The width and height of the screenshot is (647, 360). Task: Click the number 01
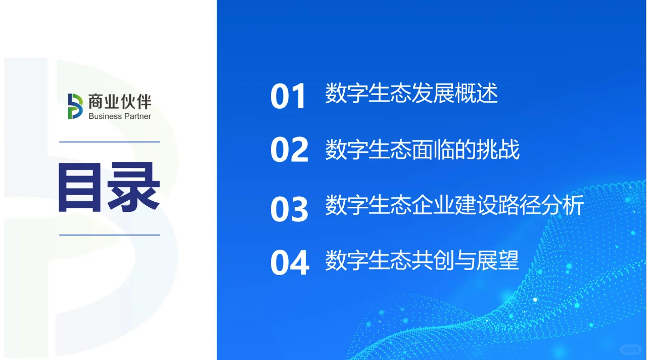(289, 96)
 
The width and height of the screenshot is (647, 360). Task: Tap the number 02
(289, 150)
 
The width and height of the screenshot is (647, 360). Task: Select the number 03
(289, 208)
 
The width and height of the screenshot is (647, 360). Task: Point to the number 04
(289, 262)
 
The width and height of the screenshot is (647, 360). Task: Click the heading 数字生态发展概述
(411, 94)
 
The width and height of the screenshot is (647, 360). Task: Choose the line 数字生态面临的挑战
(422, 150)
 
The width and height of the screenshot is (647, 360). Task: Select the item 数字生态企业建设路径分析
(454, 206)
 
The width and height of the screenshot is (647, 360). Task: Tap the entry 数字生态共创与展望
(422, 260)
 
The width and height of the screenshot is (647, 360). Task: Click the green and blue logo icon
(75, 106)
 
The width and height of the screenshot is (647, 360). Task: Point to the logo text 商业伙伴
(120, 102)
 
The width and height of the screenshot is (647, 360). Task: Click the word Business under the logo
(105, 116)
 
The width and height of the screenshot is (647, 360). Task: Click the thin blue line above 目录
(110, 142)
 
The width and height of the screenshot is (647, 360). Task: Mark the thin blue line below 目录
(110, 235)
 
